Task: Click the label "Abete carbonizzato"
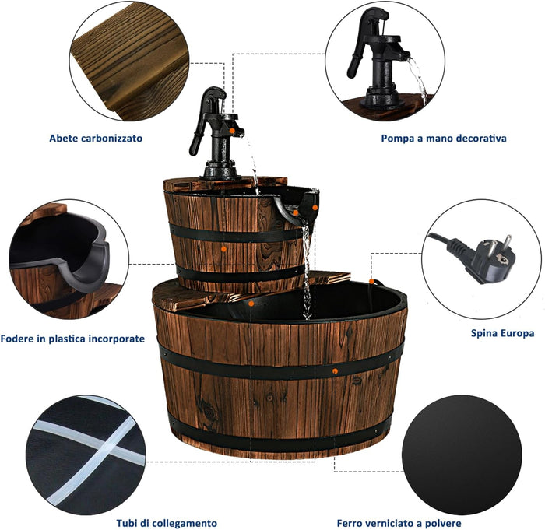[96, 139]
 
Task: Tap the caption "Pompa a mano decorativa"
[444, 139]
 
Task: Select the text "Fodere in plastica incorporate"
[72, 339]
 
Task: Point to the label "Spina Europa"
[502, 333]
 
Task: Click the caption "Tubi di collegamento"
[167, 523]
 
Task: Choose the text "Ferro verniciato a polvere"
[399, 523]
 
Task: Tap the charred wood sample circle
[129, 61]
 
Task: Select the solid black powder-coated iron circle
[462, 455]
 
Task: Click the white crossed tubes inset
[86, 455]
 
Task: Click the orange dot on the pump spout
[231, 131]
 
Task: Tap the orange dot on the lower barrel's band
[335, 371]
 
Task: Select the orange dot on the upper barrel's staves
[224, 249]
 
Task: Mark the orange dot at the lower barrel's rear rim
[371, 281]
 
